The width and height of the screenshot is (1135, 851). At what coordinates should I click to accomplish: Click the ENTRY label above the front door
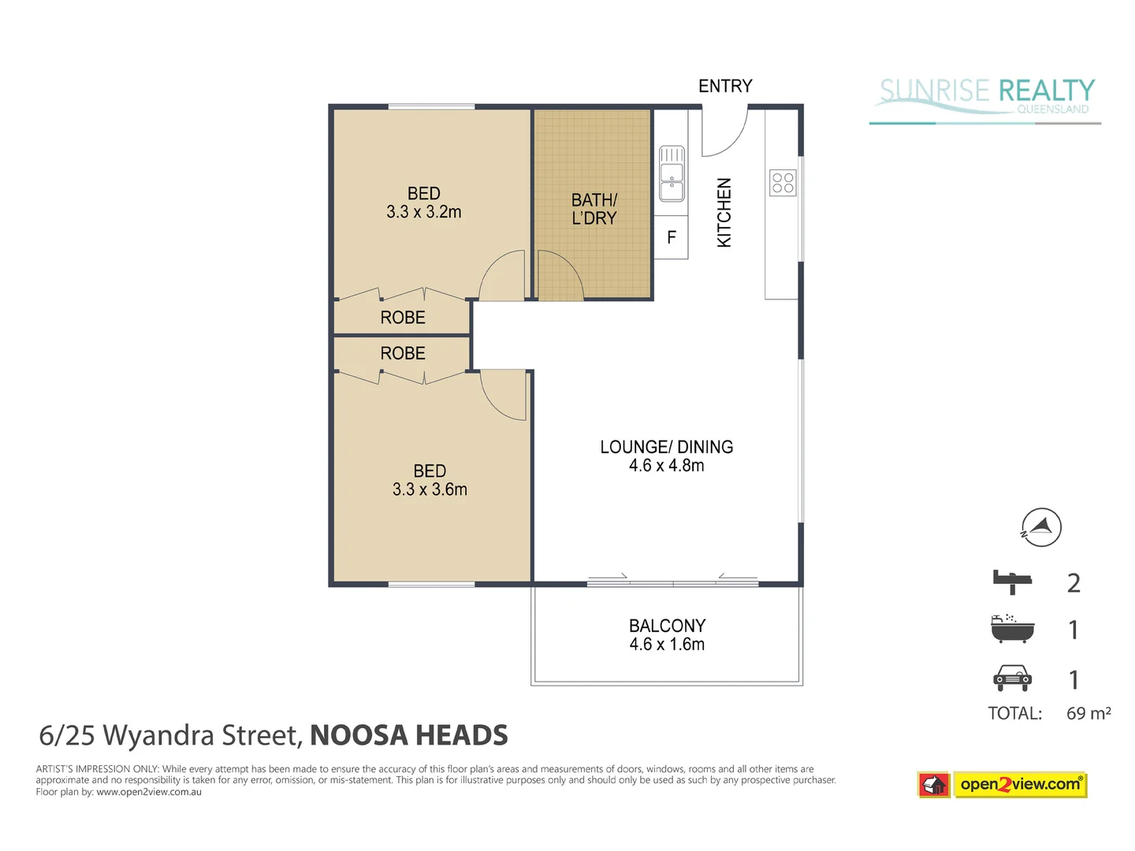725,86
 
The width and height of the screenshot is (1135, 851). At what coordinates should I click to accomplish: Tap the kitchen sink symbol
672,173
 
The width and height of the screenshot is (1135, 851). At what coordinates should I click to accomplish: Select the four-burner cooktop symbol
783,183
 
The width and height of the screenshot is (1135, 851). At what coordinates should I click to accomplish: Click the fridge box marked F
672,237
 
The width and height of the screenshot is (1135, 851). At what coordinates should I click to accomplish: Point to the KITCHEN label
724,213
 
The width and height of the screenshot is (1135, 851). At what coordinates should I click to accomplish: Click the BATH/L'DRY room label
594,210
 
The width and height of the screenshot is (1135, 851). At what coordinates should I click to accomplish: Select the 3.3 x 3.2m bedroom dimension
424,212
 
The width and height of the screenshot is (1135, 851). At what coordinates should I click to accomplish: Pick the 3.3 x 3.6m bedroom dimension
430,489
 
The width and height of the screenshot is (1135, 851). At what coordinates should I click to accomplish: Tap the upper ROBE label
403,318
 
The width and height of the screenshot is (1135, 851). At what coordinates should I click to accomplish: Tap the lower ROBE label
403,353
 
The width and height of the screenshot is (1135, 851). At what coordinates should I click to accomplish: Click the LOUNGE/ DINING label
667,447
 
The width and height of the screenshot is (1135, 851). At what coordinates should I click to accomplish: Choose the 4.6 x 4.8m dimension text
667,466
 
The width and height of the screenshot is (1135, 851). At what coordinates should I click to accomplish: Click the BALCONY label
667,626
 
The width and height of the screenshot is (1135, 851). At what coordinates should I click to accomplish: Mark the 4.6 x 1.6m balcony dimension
667,645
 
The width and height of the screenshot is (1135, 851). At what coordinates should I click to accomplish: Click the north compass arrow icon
1041,527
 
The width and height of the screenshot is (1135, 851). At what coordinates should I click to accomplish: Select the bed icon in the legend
1012,582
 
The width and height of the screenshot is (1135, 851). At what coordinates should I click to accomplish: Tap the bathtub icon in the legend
1012,629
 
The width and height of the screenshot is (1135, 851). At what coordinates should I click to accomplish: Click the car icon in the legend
1012,678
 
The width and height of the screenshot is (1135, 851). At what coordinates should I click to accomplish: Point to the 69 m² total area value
1088,713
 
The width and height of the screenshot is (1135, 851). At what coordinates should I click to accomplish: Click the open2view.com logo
1020,784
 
